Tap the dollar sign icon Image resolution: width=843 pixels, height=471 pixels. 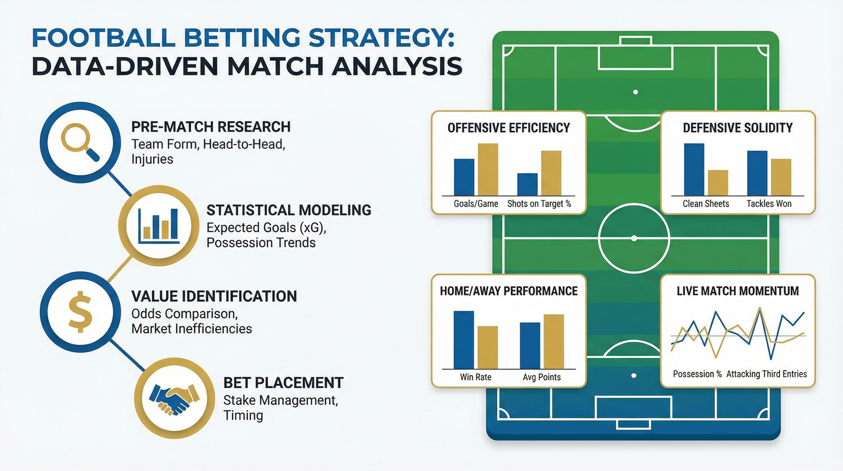pos(80,312)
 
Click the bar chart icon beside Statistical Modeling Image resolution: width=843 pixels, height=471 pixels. pos(159,226)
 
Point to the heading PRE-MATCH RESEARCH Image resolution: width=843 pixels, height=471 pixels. pos(211,127)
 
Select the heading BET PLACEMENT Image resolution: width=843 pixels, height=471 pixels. pos(283,383)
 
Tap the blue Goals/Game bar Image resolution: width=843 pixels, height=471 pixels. pos(464,177)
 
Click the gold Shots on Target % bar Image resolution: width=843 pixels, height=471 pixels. pos(551,173)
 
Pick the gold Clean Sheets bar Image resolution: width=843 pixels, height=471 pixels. pos(718,183)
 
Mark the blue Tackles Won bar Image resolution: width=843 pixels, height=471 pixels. pos(757,173)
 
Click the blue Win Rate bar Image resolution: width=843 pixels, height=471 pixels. pos(464,340)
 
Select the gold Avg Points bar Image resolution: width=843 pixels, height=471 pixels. pos(554,342)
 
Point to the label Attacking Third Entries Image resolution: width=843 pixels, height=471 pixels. pos(767,374)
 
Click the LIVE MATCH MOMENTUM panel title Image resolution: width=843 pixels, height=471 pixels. pos(738,291)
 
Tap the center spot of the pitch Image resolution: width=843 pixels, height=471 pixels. pos(634,239)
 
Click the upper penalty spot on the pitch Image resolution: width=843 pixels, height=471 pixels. pos(636,92)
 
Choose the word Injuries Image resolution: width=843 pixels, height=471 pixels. pos(152,159)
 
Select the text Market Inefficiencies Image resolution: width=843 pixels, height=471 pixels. pos(192,329)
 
